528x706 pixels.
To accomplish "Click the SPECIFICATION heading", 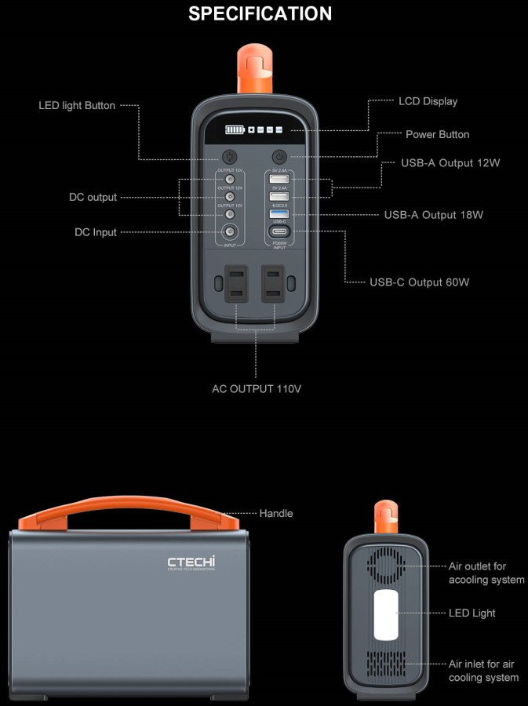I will [x=260, y=13].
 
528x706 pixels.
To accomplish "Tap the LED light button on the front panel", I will [x=230, y=156].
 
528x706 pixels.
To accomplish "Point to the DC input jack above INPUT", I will [x=230, y=231].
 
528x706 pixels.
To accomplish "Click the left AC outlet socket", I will [x=236, y=283].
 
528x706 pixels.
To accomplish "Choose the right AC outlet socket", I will [x=274, y=283].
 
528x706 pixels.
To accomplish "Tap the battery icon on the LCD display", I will [x=235, y=129].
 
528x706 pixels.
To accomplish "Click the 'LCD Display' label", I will [x=428, y=101].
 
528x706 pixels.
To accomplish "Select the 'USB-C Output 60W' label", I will [x=419, y=282].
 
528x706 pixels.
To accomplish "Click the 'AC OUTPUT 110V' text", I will [x=257, y=388].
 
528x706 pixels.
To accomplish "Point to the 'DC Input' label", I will [x=96, y=232].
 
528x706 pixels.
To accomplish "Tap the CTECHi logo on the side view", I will [x=191, y=562].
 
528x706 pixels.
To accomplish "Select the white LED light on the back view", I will [x=386, y=613].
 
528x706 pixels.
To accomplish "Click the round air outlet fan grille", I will [x=386, y=566].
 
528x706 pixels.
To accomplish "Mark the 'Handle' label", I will [x=276, y=513].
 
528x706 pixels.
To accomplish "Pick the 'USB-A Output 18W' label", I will [x=431, y=214].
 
